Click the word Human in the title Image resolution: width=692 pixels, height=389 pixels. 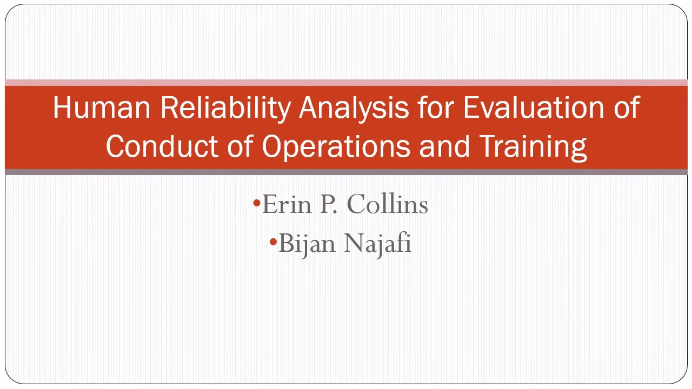[x=102, y=107]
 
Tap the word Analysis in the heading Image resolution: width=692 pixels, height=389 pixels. [x=354, y=108]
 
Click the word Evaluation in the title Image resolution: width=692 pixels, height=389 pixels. [x=534, y=107]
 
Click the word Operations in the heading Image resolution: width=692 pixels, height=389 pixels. [x=336, y=147]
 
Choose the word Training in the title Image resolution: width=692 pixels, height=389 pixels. [x=533, y=147]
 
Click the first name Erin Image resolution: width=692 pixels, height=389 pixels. [x=287, y=204]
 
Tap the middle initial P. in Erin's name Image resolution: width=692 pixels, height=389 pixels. [x=328, y=204]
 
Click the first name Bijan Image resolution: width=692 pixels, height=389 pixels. [x=307, y=244]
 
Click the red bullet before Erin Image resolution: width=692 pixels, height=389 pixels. [x=257, y=203]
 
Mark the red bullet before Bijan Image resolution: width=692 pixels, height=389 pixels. [x=273, y=242]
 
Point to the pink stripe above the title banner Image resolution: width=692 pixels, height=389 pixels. [x=346, y=83]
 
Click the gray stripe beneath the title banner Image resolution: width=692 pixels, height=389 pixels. [x=346, y=172]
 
